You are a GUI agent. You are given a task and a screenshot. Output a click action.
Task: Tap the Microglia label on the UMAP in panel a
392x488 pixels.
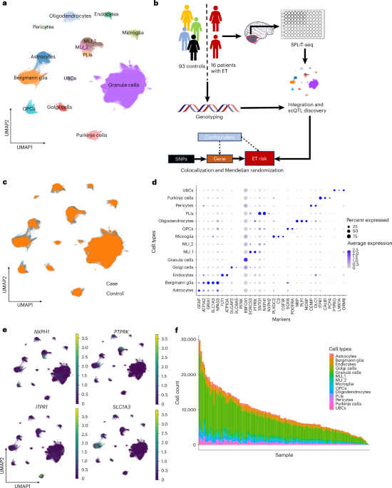[134, 33]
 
